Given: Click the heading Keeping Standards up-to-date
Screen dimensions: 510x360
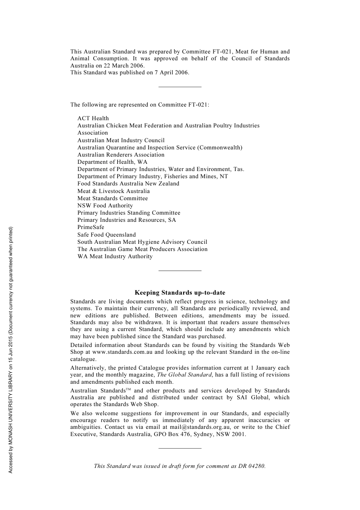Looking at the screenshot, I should (x=180, y=293).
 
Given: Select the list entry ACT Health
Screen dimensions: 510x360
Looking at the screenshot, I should (x=93, y=118).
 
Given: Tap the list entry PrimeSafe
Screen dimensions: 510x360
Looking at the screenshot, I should (x=91, y=227).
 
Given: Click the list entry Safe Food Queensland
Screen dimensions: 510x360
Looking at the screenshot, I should (x=106, y=235).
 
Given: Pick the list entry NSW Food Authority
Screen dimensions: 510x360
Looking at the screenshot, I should (x=105, y=206).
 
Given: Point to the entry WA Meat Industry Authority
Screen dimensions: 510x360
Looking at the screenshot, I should (x=115, y=256).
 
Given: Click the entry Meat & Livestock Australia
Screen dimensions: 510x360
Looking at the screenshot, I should (x=113, y=191).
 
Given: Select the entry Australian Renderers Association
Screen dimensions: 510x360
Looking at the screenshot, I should (x=121, y=155).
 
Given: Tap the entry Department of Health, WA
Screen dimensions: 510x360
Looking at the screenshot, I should (x=112, y=162).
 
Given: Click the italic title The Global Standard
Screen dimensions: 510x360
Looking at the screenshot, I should (x=184, y=375).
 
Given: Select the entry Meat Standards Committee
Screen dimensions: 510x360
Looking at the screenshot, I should (x=113, y=198).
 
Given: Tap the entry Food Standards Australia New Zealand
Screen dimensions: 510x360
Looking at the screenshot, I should (x=128, y=184).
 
